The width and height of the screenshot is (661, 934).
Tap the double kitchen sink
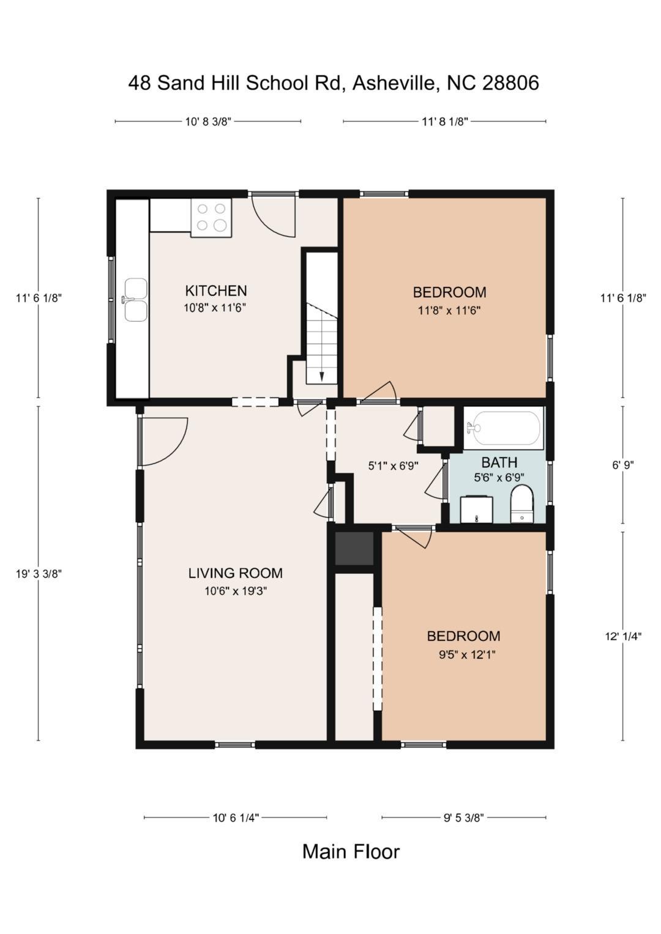pos(135,300)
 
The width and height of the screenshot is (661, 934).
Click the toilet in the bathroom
pos(522,504)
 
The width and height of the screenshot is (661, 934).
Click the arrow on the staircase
pos(321,374)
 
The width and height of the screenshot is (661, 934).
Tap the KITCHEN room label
pos(216,291)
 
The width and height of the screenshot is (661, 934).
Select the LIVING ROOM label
pos(235,573)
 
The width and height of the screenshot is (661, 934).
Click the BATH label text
pos(499,462)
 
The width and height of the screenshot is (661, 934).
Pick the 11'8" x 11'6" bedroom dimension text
pos(449,310)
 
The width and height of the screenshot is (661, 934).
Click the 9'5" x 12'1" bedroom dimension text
pos(466,654)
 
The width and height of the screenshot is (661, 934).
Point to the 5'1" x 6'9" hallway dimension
pos(393,465)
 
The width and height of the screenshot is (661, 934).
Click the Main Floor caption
pos(351,851)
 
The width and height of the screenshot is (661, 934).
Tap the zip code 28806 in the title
pos(510,83)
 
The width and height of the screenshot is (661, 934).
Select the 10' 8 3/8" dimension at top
pos(208,121)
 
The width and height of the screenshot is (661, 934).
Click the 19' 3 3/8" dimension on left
pos(39,573)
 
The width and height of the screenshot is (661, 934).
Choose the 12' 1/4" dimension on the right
pos(623,636)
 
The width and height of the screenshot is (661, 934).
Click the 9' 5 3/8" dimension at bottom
pos(463,817)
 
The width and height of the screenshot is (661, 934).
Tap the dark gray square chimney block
pos(354,548)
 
